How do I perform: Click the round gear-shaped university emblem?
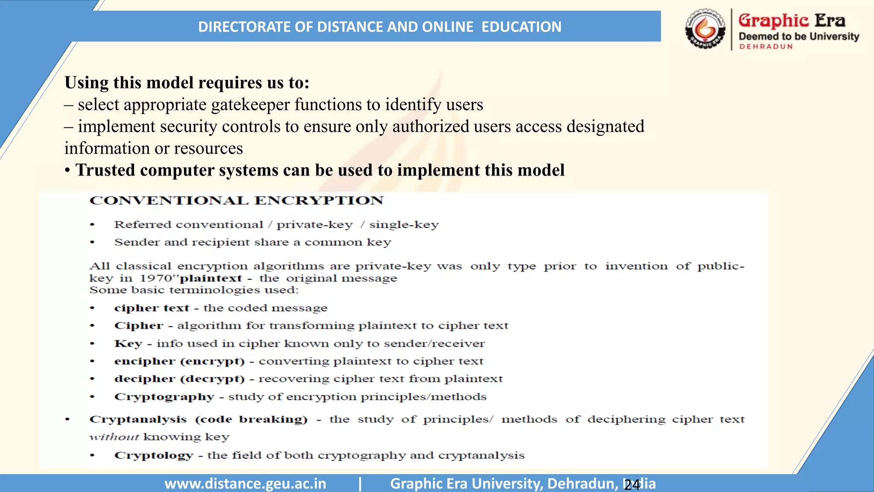click(705, 29)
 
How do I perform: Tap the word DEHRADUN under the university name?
click(766, 47)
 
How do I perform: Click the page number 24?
click(632, 485)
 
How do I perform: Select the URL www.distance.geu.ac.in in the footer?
click(245, 483)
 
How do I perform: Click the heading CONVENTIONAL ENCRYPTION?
click(236, 201)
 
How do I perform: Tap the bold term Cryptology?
click(154, 455)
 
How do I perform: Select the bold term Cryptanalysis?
click(138, 419)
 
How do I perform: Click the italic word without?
click(114, 437)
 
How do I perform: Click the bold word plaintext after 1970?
click(211, 278)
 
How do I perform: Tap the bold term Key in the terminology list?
click(128, 344)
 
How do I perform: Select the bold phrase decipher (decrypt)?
click(179, 379)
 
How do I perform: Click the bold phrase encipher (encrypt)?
click(179, 361)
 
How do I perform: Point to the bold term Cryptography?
click(164, 397)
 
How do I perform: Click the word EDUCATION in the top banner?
click(521, 27)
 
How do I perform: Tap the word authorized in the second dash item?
click(430, 126)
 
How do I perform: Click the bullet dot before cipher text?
click(92, 308)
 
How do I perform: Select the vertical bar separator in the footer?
click(360, 483)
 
